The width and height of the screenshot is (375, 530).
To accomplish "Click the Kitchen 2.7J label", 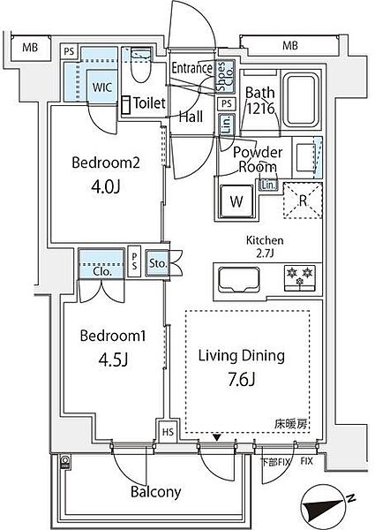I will point(266,245).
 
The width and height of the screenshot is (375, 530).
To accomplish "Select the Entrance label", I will point(191,68).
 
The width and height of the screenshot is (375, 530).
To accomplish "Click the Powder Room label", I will point(258,159).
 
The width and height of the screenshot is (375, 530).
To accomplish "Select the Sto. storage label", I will point(159,262).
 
